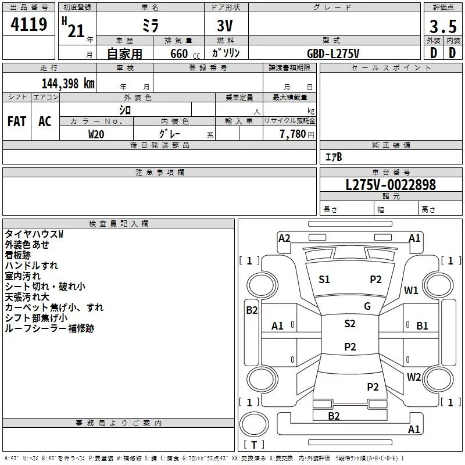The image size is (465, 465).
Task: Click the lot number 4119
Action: (28, 24)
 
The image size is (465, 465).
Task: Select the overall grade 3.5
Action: (443, 26)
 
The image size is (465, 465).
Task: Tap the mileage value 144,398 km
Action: (68, 84)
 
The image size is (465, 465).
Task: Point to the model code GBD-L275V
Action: (333, 53)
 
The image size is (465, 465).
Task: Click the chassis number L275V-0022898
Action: (391, 185)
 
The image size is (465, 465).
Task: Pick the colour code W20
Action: (96, 134)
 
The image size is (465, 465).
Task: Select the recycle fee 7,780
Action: (293, 134)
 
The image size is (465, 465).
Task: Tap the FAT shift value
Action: (17, 121)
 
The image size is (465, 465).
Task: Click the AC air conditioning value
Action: (45, 121)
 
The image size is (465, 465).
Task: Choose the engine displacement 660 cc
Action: (185, 54)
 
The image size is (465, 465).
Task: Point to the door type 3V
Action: (225, 26)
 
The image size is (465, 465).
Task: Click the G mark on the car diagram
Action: (367, 306)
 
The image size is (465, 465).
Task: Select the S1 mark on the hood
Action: (324, 280)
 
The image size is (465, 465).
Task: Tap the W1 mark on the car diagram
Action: (411, 291)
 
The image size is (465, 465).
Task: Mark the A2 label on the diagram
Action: (284, 238)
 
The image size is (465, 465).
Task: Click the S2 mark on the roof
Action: (350, 324)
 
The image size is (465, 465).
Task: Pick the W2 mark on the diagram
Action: (414, 377)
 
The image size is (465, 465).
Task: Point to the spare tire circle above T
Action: (254, 424)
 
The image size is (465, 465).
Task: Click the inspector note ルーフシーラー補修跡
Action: (49, 328)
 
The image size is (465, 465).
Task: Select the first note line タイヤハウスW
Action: (34, 234)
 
